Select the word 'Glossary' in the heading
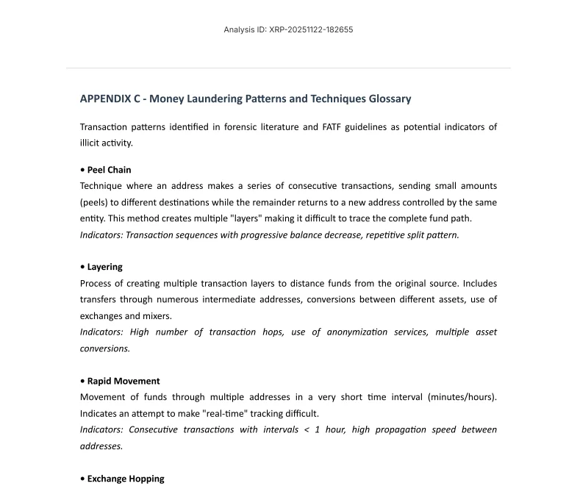(x=387, y=99)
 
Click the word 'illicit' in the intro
(x=90, y=143)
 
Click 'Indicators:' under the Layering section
(x=102, y=332)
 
